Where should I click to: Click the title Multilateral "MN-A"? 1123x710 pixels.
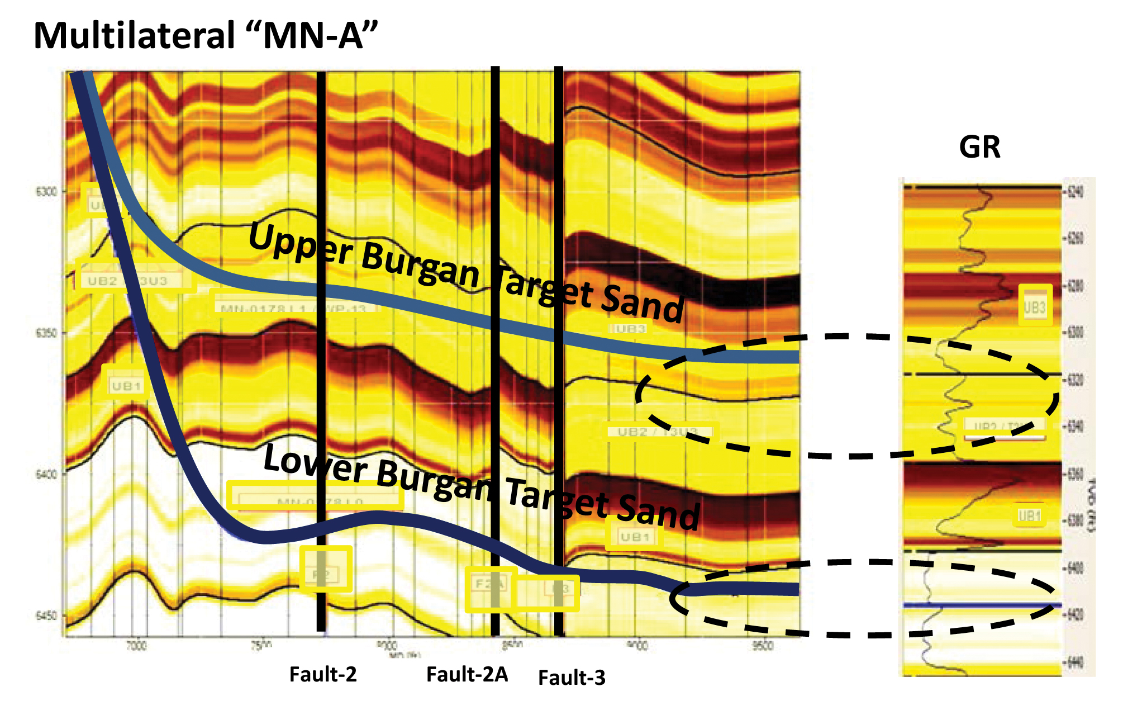pos(206,36)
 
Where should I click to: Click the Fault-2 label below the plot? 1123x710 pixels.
pos(322,675)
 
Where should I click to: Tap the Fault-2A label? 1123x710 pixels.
pos(467,675)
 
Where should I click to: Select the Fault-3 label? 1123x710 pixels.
pos(572,678)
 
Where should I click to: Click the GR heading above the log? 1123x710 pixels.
pos(979,148)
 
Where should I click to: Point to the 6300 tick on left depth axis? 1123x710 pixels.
pos(47,192)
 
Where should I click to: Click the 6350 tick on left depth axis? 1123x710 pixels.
pos(47,333)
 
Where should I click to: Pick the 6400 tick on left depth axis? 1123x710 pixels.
pos(47,475)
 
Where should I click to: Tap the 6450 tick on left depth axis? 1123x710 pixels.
pos(47,616)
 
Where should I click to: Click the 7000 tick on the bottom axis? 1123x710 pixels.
pos(136,646)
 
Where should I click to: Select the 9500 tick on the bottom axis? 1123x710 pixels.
pos(763,646)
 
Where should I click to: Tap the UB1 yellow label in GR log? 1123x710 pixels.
pos(1029,515)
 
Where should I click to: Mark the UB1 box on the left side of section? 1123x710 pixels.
pos(126,386)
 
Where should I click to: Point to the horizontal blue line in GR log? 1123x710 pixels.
pos(982,605)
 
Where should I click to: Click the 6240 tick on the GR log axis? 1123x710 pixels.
pos(1075,192)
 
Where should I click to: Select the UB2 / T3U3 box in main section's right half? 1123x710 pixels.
pos(659,432)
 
